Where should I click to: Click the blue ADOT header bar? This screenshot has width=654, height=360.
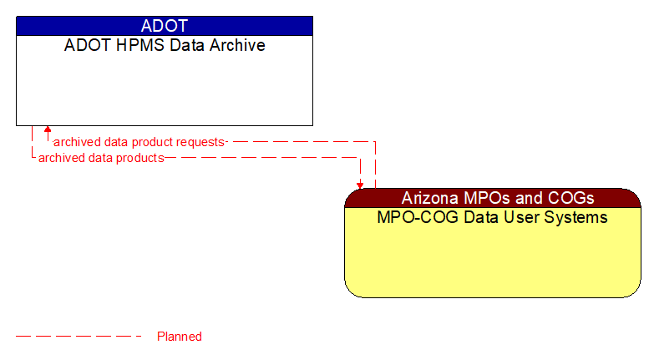point(165,26)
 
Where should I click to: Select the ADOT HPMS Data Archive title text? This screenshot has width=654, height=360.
point(165,45)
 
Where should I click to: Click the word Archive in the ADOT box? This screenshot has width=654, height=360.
point(237,45)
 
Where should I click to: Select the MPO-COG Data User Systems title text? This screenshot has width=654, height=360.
point(493,218)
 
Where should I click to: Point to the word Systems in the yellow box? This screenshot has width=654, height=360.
point(579,218)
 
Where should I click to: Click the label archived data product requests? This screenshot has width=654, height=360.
point(139,142)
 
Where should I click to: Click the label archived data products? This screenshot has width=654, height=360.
point(101,158)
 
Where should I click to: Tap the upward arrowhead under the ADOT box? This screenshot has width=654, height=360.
point(48,130)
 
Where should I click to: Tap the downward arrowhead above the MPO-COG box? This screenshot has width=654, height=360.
point(360,185)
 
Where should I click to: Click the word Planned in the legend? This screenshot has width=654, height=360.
point(180,337)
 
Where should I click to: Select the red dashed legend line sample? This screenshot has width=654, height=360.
point(79,337)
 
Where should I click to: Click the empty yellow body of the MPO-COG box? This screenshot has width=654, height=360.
point(493,263)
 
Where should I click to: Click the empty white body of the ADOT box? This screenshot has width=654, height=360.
point(165,92)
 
